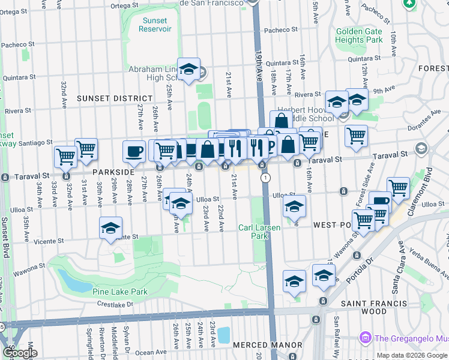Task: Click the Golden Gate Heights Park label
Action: click(359, 35)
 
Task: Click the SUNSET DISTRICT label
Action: click(114, 98)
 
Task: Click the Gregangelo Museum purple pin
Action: click(364, 338)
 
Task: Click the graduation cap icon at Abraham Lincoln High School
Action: click(188, 69)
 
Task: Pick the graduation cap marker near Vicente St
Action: click(110, 228)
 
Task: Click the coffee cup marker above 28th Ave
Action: click(134, 151)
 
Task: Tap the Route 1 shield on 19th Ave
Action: click(265, 178)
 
